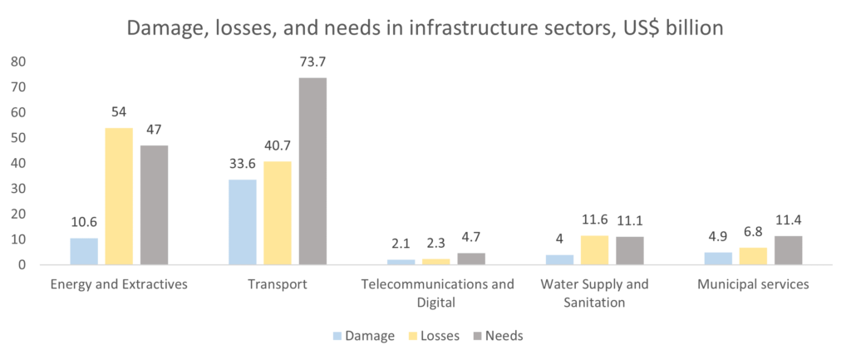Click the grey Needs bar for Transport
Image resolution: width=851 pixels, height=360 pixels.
tap(312, 171)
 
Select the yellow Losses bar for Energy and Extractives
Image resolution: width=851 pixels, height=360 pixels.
tap(119, 196)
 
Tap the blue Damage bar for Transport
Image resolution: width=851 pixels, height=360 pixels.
tap(243, 222)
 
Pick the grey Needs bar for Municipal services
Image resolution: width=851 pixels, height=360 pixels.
tap(788, 250)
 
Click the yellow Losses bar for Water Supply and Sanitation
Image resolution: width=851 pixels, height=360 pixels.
tap(594, 249)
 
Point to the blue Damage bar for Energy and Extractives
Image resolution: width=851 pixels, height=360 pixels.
tap(84, 251)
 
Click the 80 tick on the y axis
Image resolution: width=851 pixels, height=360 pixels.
tap(18, 62)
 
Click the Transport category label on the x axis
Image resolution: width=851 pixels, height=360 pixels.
tap(278, 284)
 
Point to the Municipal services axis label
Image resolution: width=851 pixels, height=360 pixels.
tap(753, 284)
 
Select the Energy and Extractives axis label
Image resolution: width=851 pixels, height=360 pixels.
tap(119, 284)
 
